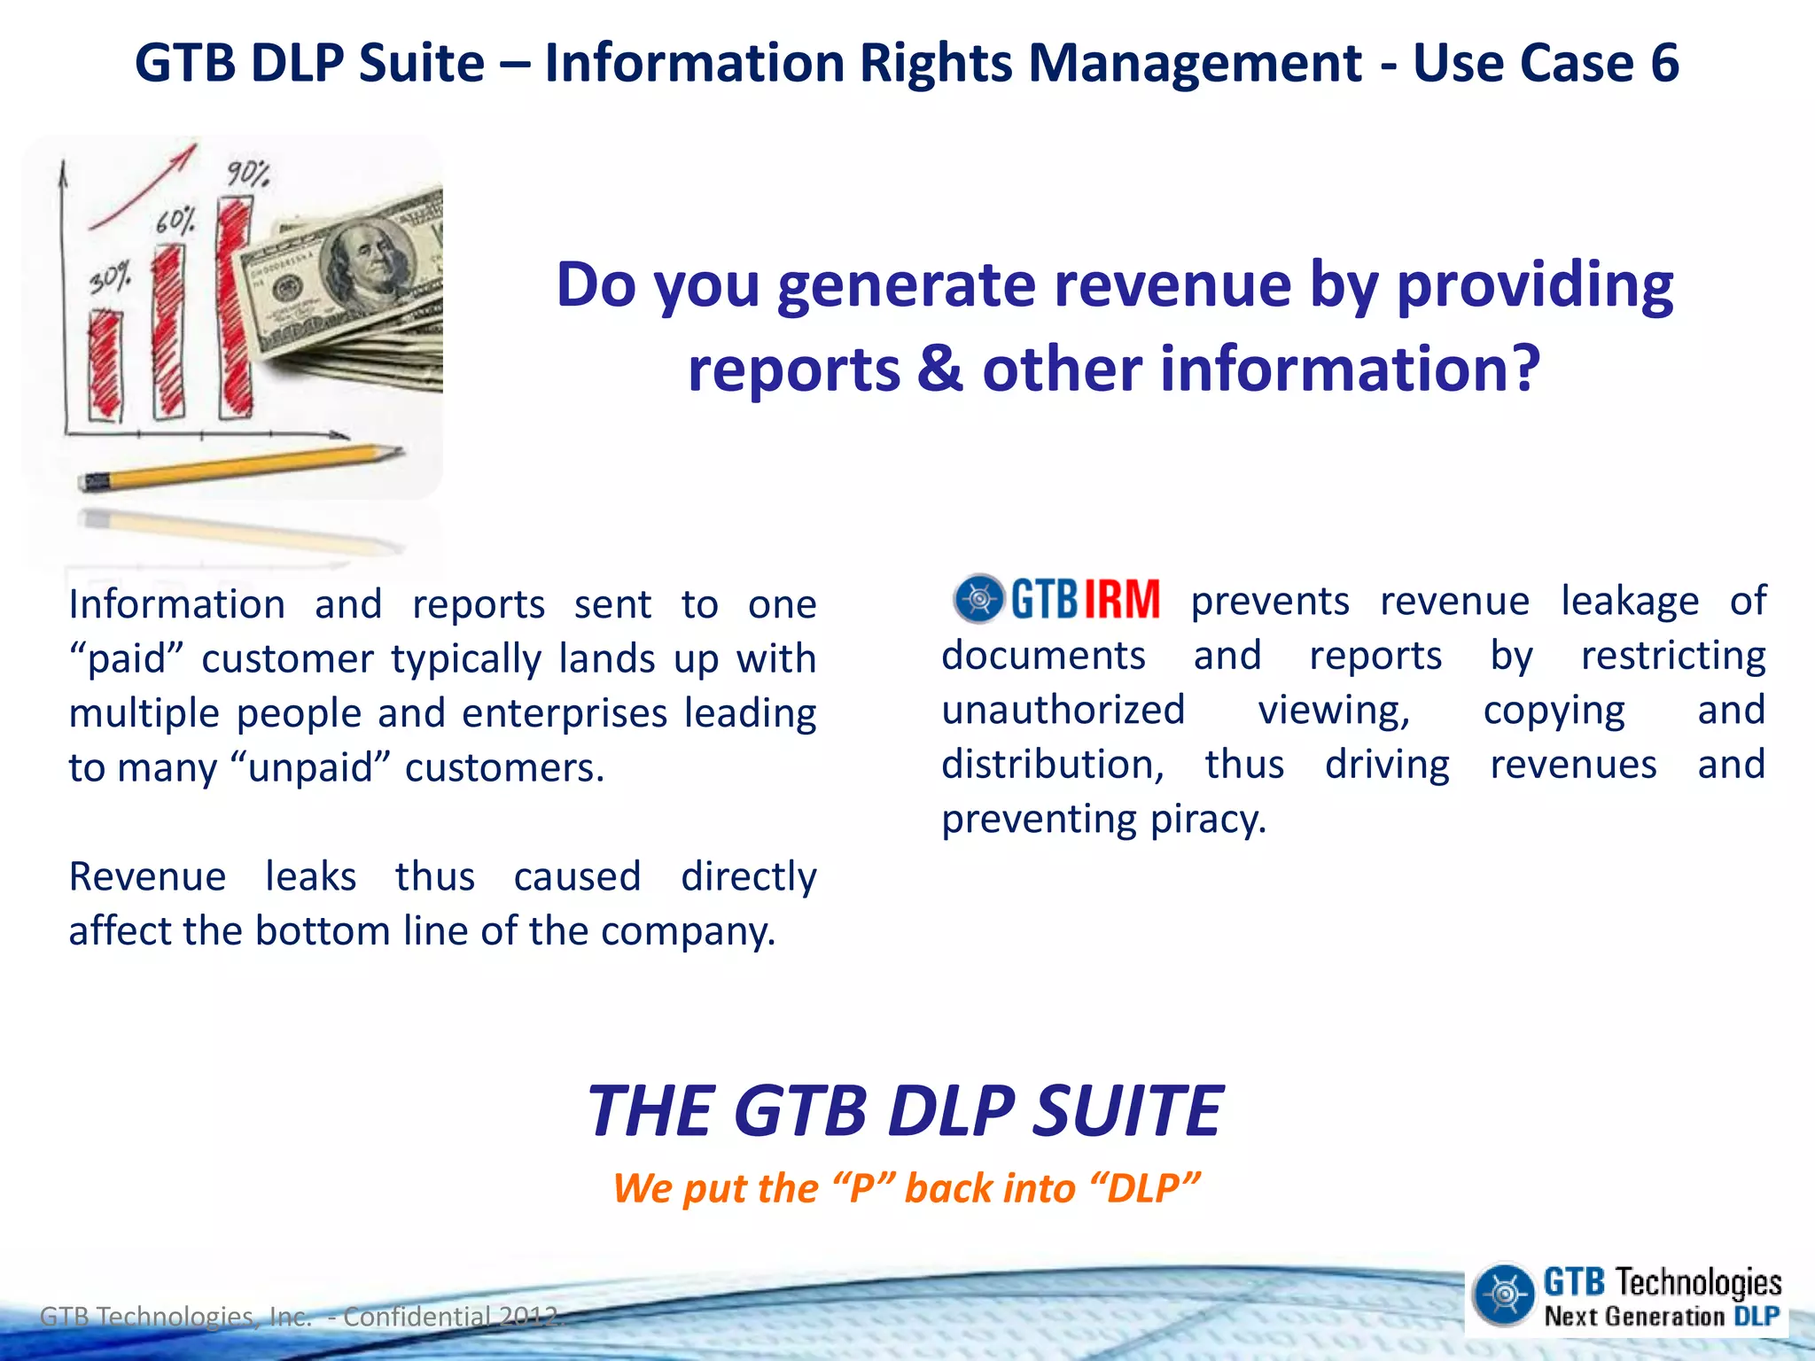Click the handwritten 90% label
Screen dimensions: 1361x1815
[247, 173]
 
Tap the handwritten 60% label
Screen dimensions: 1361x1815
[175, 221]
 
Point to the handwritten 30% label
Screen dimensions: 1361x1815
[110, 278]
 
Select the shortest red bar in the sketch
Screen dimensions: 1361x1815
[105, 363]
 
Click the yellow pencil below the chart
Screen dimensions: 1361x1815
[239, 467]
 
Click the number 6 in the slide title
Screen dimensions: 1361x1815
[1663, 64]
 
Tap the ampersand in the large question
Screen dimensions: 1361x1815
[939, 369]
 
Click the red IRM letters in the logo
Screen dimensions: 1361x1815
[1121, 600]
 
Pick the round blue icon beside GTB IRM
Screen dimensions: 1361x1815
[978, 599]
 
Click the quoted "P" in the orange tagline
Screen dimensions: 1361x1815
[862, 1188]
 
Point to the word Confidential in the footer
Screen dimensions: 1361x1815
[416, 1317]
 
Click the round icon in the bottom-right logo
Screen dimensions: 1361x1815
[1503, 1295]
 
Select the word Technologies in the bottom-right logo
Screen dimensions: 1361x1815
[1697, 1282]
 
